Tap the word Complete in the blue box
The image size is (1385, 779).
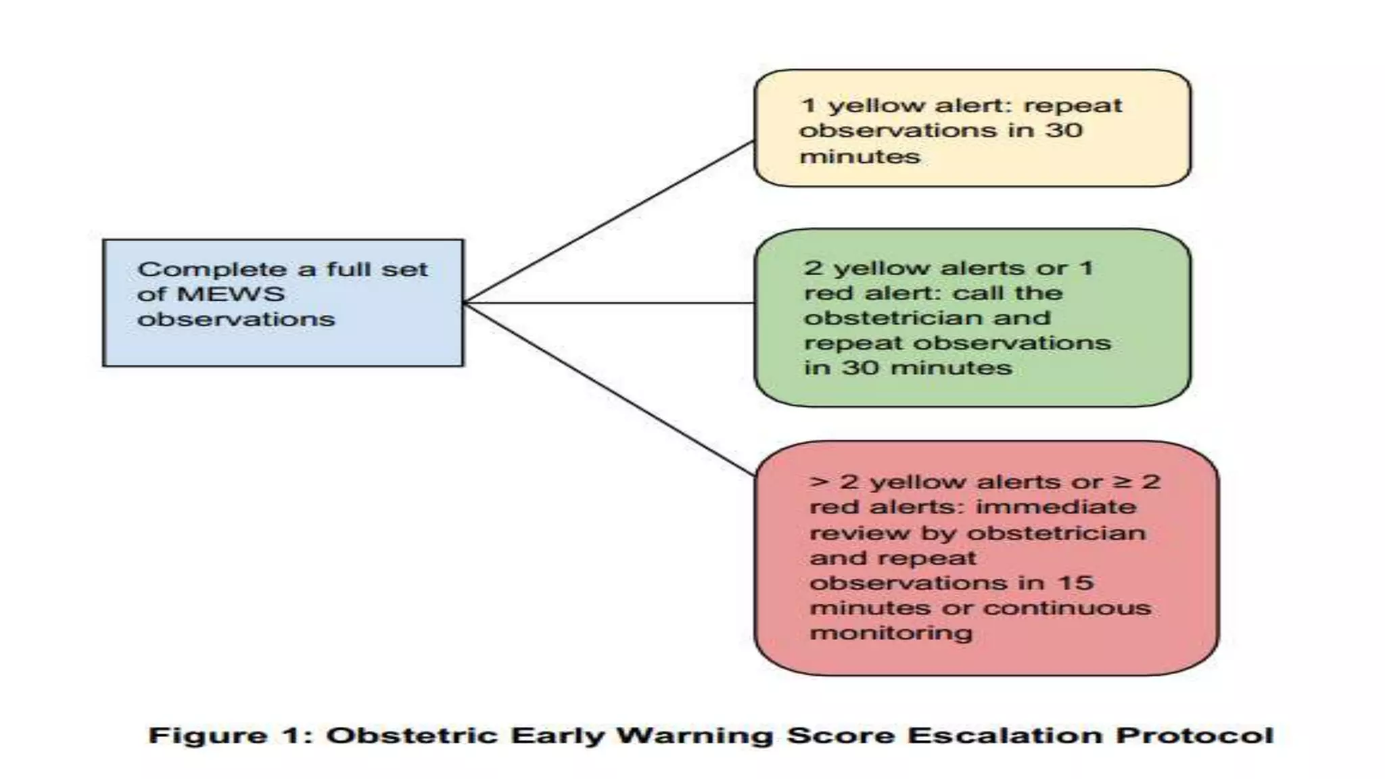click(212, 269)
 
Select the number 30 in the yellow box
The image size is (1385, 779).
click(1064, 130)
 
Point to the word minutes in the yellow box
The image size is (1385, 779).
click(860, 156)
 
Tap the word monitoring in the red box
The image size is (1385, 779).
click(891, 633)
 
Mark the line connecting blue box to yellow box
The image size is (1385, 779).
click(609, 222)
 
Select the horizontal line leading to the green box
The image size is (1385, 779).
click(609, 303)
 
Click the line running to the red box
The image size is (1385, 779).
click(609, 389)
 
